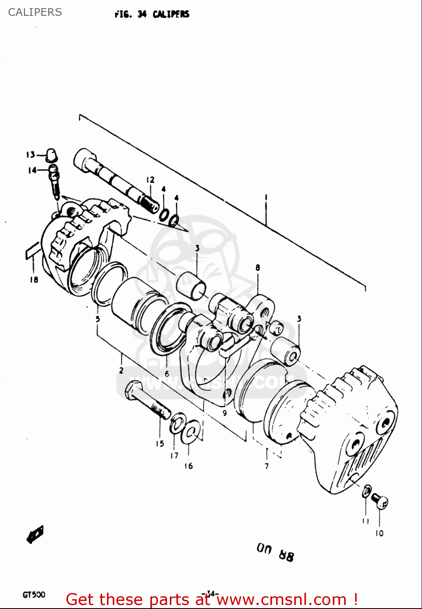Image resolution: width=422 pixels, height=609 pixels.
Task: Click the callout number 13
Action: pos(30,155)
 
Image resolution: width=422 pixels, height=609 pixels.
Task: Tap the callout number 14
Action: pos(32,171)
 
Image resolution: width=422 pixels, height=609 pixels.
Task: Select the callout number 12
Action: pos(150,179)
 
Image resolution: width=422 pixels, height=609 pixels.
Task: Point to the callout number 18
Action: pos(34,279)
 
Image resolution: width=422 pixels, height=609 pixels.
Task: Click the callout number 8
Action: pos(258,268)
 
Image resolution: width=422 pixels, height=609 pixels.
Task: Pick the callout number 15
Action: pos(160,444)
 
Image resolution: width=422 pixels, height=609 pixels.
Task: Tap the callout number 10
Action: pos(379,533)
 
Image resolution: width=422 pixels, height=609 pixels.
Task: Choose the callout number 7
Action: pos(266,466)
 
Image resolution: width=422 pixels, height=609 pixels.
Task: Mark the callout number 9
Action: pos(224,413)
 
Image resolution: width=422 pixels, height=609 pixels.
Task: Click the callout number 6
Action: pos(167,374)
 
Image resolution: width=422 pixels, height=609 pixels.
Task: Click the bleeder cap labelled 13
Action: pos(52,155)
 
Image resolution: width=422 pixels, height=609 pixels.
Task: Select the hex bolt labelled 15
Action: pos(148,401)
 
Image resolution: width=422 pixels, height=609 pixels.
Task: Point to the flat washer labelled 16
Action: pos(190,433)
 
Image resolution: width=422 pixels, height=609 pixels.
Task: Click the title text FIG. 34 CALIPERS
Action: pos(152,14)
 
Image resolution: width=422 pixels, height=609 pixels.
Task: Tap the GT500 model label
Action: pos(34,595)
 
